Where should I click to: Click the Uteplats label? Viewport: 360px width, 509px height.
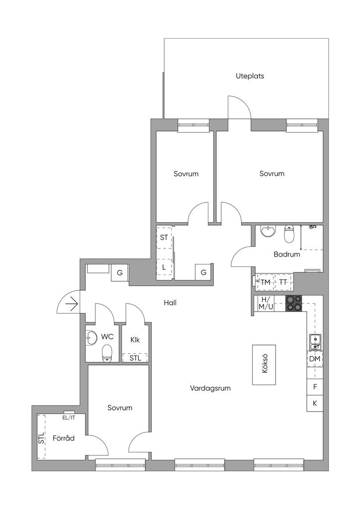(250, 76)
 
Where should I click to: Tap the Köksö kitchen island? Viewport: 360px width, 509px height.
(264, 364)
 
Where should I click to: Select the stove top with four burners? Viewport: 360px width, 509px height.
(293, 304)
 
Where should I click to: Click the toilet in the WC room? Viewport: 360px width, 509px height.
(107, 353)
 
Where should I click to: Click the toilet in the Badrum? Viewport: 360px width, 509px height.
(289, 234)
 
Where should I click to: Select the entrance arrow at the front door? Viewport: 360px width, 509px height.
(72, 304)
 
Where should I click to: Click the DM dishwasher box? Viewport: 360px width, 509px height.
(315, 359)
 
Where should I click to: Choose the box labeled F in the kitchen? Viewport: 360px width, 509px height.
(315, 387)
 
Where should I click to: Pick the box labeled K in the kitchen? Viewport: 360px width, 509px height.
(315, 404)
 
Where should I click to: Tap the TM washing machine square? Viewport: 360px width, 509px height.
(265, 282)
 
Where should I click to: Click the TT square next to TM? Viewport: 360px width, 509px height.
(283, 282)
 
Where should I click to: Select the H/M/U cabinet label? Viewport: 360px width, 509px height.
(265, 303)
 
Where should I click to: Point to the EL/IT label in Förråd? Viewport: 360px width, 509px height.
(69, 418)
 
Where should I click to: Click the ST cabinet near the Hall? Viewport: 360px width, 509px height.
(164, 237)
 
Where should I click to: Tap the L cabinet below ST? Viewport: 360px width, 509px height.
(164, 267)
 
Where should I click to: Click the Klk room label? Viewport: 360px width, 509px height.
(135, 340)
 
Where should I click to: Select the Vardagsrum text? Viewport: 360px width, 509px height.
(210, 388)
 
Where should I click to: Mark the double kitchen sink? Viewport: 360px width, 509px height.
(315, 342)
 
